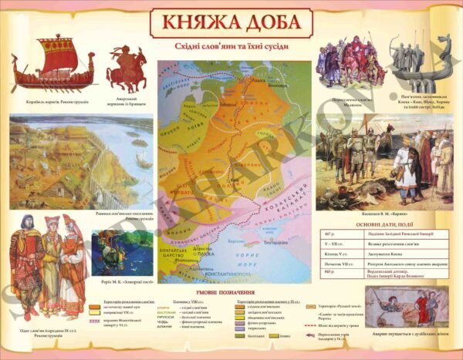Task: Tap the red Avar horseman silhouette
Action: pos(127,66)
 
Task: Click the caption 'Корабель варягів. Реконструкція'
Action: pos(49,100)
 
